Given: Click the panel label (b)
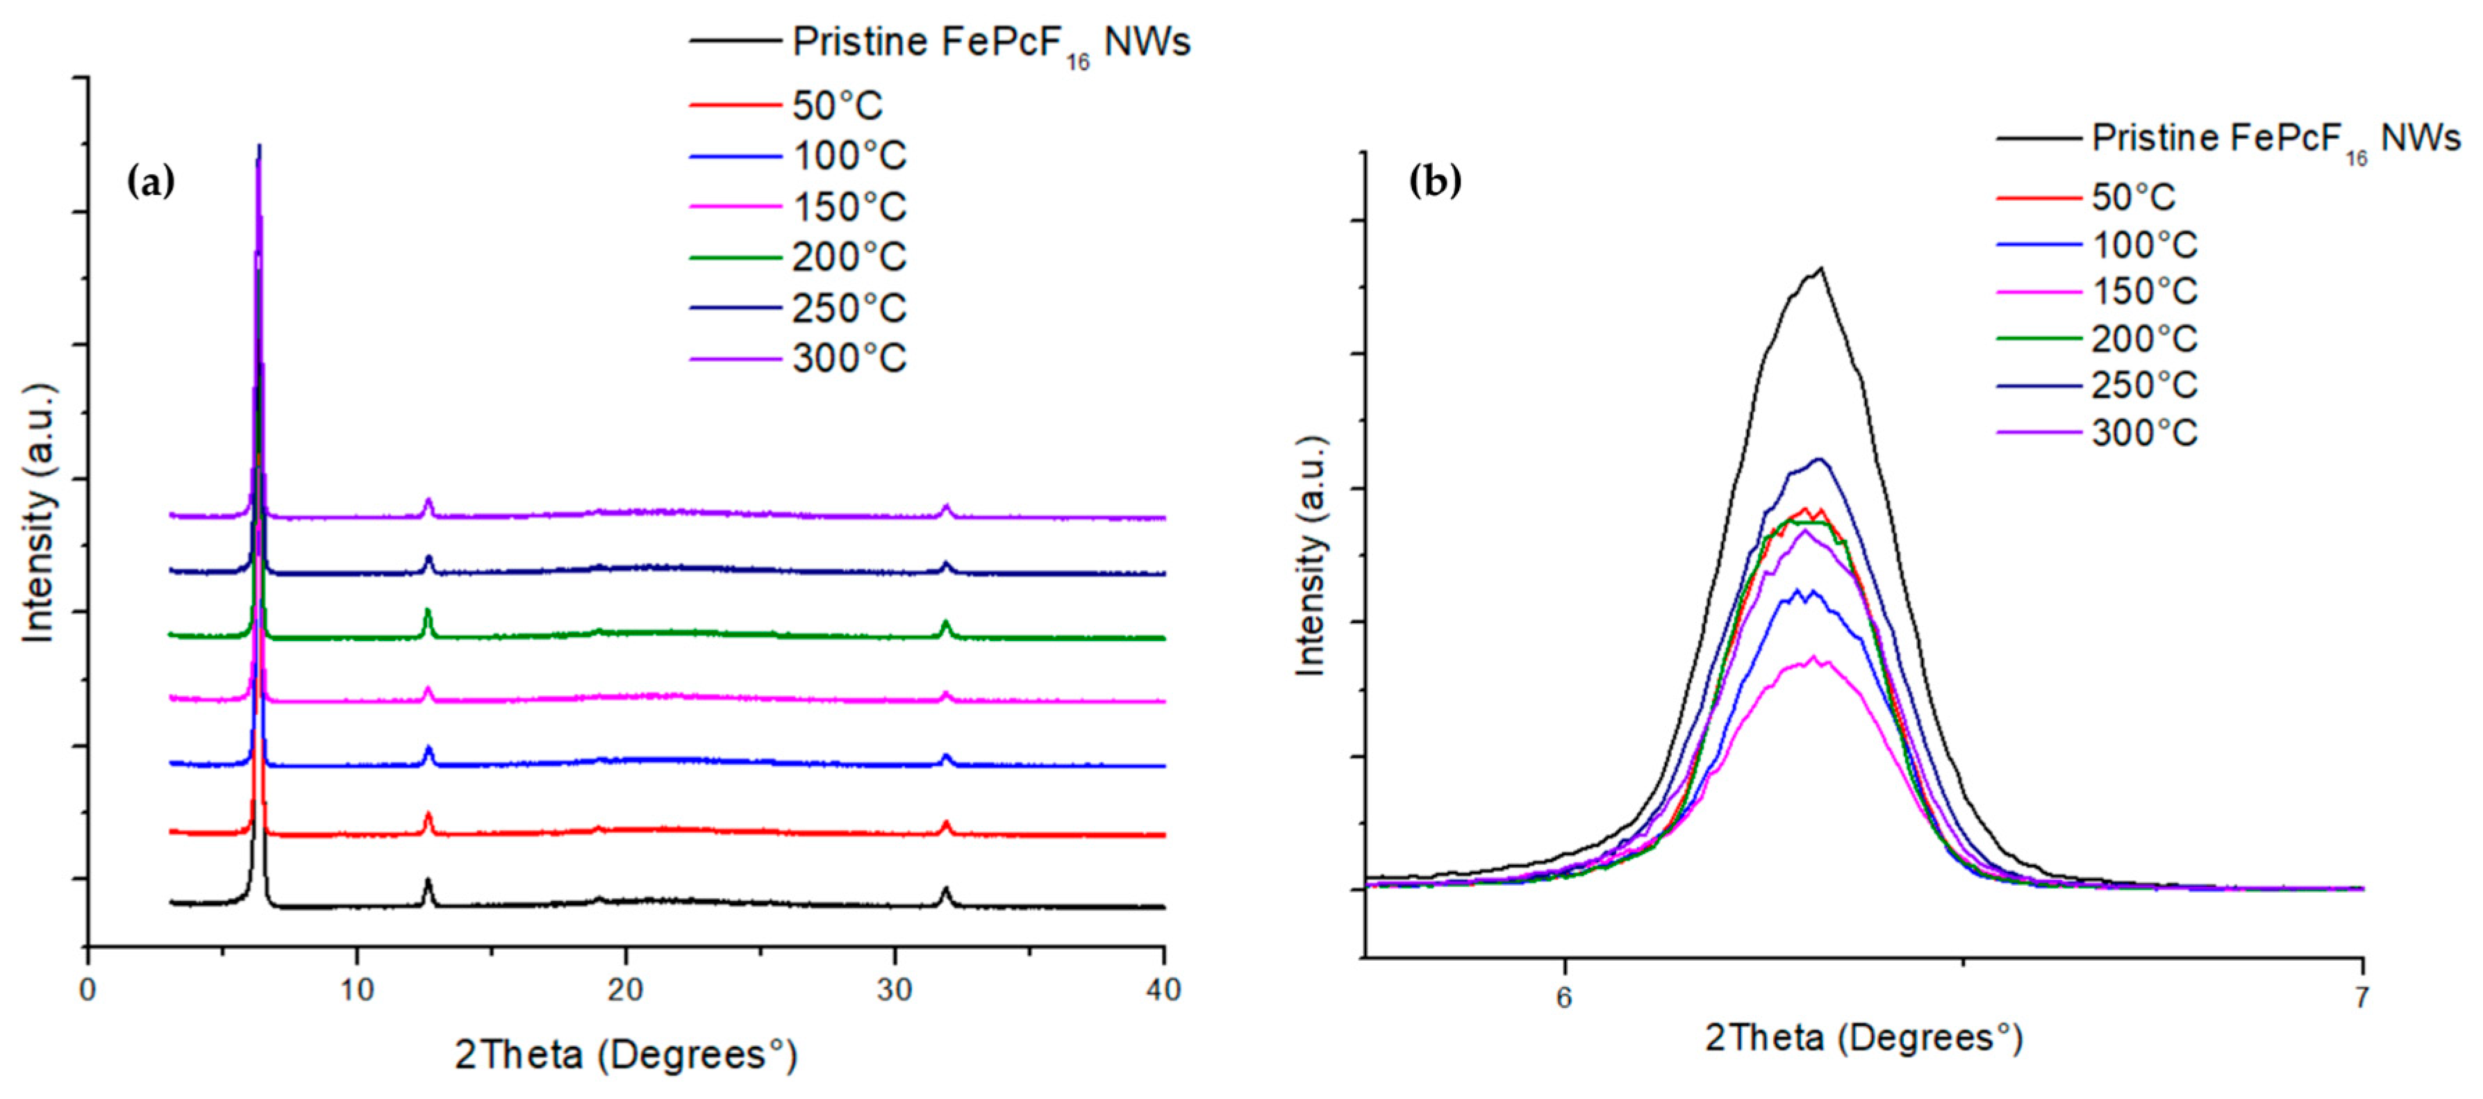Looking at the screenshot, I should (1434, 181).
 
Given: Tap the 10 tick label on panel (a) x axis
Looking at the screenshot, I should (356, 990).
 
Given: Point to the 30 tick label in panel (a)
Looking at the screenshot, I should (895, 990).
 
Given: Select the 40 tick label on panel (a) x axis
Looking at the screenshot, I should (1163, 990).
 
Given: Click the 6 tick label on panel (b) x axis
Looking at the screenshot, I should (1563, 998).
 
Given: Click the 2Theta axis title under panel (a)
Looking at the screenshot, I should (626, 1055).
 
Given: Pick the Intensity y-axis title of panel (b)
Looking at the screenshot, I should (1311, 556).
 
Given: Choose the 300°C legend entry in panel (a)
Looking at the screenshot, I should (848, 358).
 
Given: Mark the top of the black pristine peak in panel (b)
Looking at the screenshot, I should (1821, 268).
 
